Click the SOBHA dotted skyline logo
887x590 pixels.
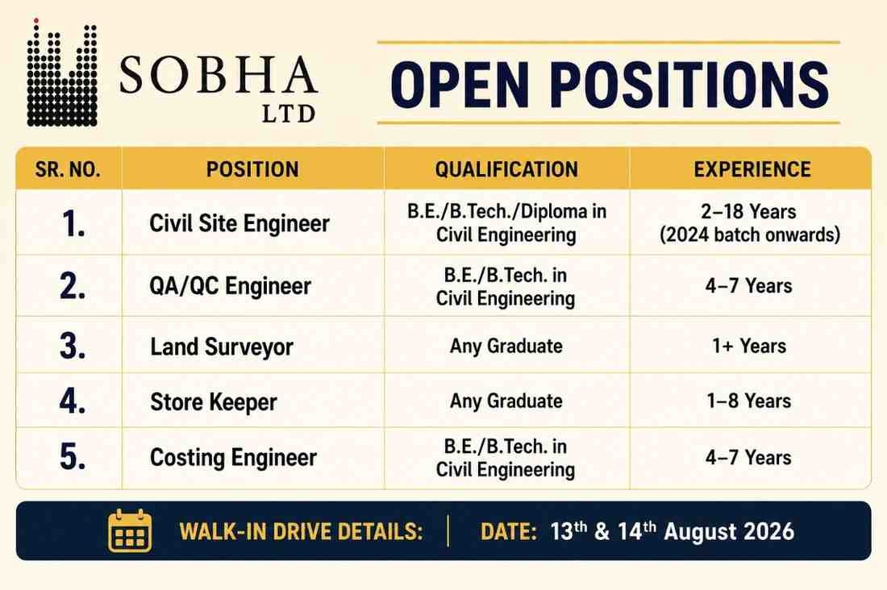[62, 73]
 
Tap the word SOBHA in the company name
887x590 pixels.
[219, 75]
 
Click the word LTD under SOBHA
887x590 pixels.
[289, 114]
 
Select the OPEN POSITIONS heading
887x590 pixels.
[610, 85]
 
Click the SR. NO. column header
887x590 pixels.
[68, 169]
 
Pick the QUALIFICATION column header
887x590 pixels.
[507, 169]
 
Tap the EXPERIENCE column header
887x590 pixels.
[752, 169]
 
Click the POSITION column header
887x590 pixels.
[252, 169]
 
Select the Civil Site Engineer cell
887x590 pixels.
[239, 223]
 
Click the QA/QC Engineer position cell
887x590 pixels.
[231, 286]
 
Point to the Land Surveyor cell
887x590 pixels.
[222, 347]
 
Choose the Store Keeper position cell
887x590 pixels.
[214, 402]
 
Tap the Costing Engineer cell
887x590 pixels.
[233, 458]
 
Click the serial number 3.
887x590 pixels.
[73, 346]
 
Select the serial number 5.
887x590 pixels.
[73, 456]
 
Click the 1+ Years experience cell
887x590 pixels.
[749, 346]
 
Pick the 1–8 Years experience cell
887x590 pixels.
[749, 401]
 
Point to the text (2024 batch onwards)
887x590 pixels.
[750, 235]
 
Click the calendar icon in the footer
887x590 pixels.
[130, 530]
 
